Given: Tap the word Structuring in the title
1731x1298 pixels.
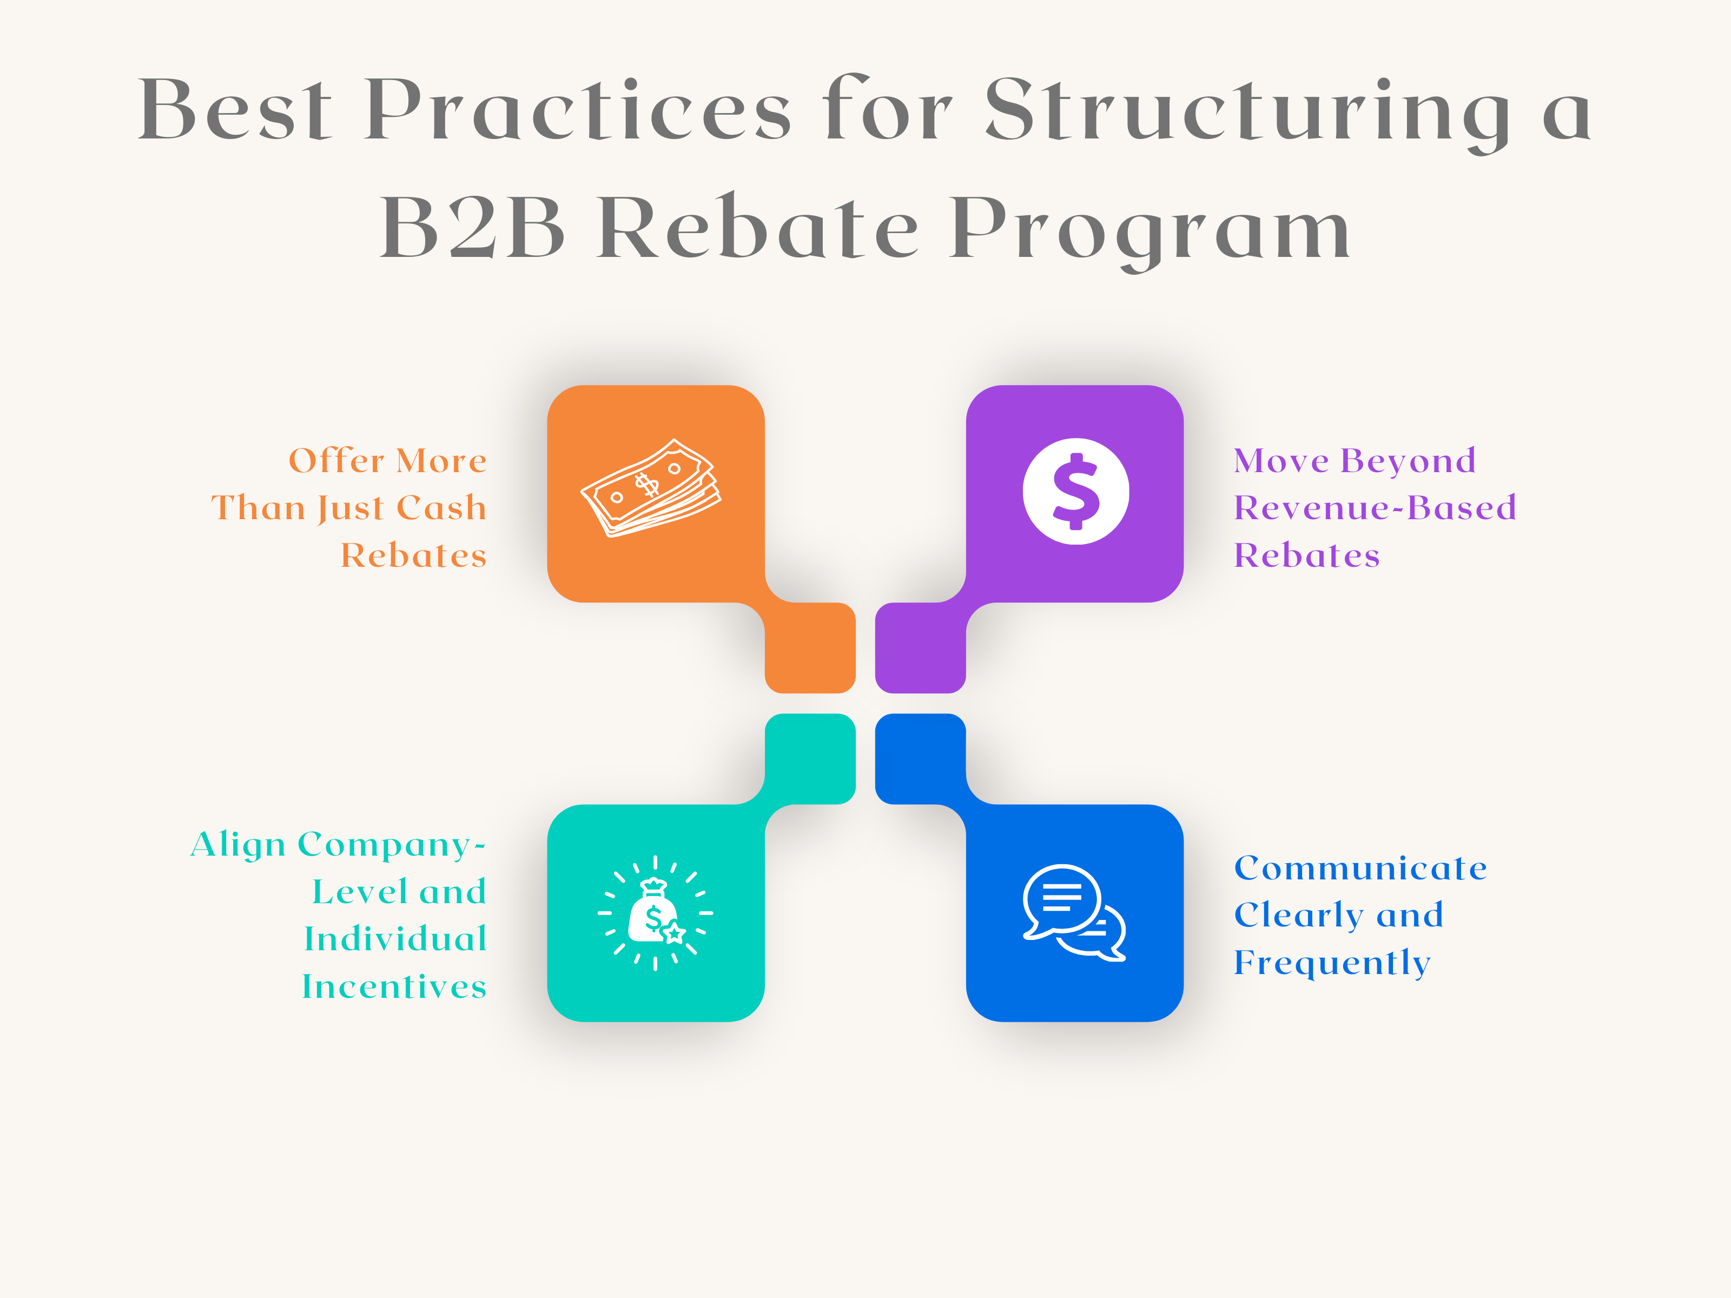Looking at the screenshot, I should tap(1247, 111).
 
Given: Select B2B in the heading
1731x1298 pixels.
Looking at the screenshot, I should tap(472, 228).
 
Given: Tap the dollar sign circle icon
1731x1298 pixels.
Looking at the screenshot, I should tap(1076, 491).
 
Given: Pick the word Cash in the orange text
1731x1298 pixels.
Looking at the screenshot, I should tap(441, 508).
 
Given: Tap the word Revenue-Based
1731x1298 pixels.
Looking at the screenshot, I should tap(1375, 508).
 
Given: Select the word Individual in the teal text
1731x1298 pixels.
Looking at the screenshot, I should tap(395, 939).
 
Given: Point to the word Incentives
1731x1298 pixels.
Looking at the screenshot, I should tap(394, 986).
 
